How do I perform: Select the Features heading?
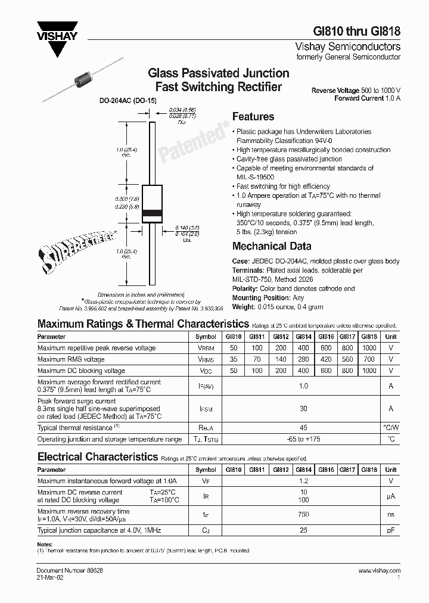point(253,117)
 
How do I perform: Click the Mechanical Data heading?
point(271,246)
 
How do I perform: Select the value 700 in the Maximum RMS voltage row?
point(369,359)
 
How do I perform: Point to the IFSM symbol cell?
point(205,409)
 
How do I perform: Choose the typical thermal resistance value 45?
point(303,427)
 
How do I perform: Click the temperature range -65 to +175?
point(303,439)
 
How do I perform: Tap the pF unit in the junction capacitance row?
point(391,530)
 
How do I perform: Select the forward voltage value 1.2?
point(303,480)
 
